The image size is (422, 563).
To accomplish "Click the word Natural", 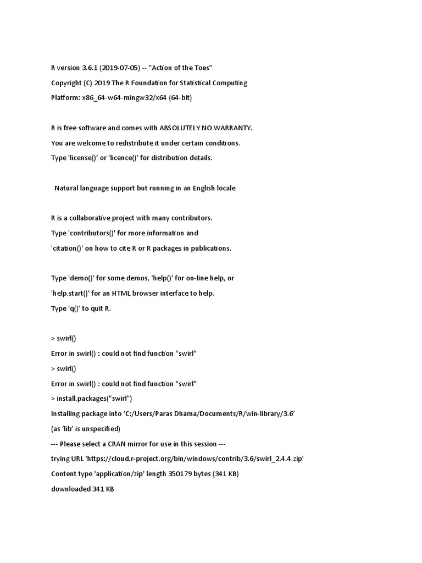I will click(68, 188).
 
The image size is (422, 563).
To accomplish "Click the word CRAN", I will click(131, 443).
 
